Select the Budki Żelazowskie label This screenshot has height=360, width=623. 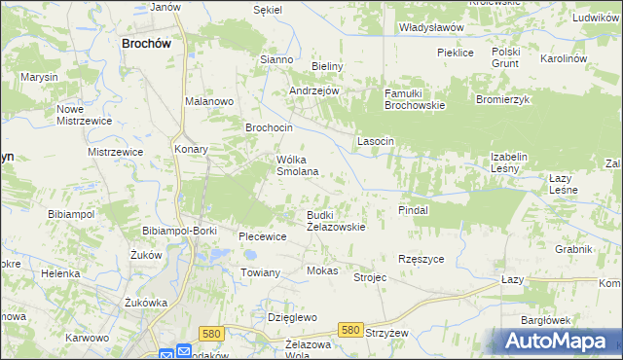click(x=336, y=220)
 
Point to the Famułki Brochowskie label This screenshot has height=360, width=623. click(x=414, y=98)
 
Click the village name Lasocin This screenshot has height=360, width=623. click(x=376, y=141)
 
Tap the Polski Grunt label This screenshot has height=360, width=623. click(x=506, y=57)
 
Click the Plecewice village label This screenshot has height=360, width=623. click(x=263, y=235)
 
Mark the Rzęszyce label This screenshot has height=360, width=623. click(x=421, y=259)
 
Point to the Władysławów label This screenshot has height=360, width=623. click(x=431, y=28)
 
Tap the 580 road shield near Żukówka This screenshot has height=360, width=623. click(x=211, y=333)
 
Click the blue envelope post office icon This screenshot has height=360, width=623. click(x=165, y=354)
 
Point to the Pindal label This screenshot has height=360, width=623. click(x=414, y=209)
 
